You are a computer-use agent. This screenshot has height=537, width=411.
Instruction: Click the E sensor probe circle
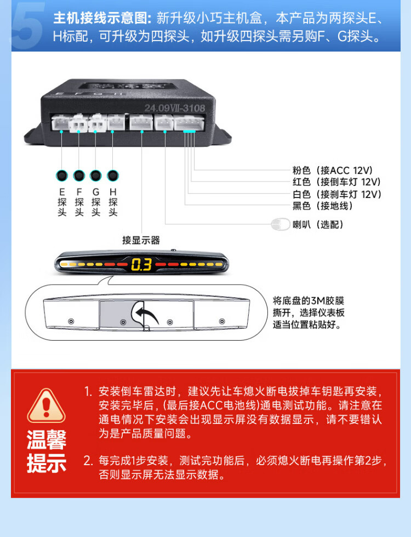coord(62,176)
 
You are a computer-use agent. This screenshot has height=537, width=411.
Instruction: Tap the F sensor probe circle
coord(79,176)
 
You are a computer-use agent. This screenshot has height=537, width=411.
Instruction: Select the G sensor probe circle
coord(96,176)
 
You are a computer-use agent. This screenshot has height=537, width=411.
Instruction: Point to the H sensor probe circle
coord(112,176)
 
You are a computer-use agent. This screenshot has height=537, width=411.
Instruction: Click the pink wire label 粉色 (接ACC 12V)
coord(332,170)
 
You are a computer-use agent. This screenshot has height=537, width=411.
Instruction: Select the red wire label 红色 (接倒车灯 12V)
coord(336,182)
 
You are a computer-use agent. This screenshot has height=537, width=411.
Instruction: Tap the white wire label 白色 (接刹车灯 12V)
coord(336,194)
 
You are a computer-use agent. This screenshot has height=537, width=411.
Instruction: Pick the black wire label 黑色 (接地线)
coord(322,206)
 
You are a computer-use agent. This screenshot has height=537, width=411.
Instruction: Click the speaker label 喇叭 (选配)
coord(318,225)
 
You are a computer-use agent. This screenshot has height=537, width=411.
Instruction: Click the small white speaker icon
coord(281,225)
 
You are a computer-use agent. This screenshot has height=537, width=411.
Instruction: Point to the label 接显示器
coord(141,240)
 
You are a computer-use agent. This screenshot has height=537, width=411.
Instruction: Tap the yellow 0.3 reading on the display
coord(141,264)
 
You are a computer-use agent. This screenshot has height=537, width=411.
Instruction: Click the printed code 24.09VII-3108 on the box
coord(174,108)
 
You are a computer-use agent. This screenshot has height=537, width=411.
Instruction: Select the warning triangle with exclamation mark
coord(46,405)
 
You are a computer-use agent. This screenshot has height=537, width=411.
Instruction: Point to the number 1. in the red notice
coord(88,391)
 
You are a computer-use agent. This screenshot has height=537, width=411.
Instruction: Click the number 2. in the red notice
coord(88,461)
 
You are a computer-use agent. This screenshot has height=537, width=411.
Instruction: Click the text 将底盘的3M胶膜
coord(308,301)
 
